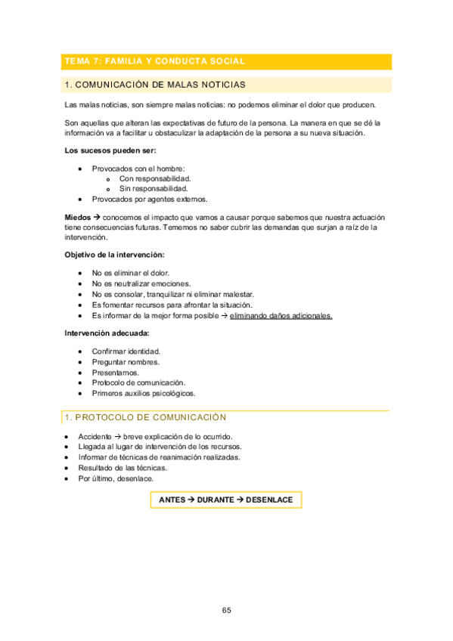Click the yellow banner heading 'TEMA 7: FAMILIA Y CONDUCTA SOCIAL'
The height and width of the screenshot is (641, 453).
click(x=166, y=61)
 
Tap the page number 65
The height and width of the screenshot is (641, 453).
click(x=226, y=610)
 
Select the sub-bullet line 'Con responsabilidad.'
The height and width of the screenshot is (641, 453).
click(x=150, y=178)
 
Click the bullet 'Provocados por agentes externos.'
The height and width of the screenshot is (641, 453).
click(x=150, y=199)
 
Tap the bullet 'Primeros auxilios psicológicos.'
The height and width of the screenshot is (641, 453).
click(x=144, y=393)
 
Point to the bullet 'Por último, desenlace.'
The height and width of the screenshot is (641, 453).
click(x=116, y=478)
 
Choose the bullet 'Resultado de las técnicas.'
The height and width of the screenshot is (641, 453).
click(x=123, y=468)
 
